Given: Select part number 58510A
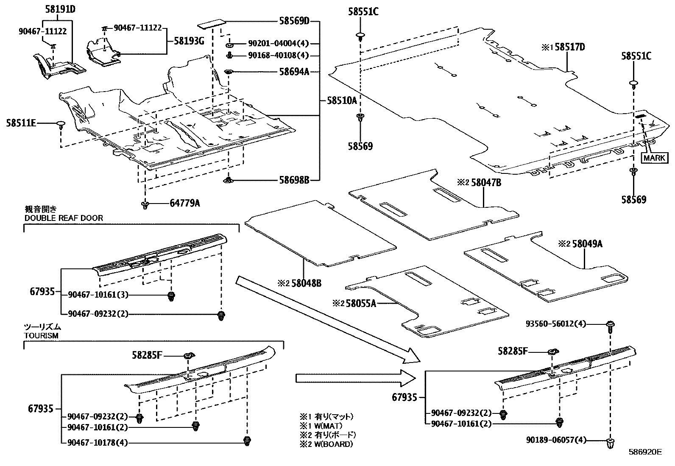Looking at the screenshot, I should [342, 100].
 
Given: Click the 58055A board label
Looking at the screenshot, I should [360, 303].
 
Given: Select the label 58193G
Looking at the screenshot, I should [189, 41].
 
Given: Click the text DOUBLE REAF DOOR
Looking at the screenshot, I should [64, 218].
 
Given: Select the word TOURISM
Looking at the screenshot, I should [41, 335].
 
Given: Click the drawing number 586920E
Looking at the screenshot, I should [644, 452].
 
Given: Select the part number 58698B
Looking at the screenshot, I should [294, 180].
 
